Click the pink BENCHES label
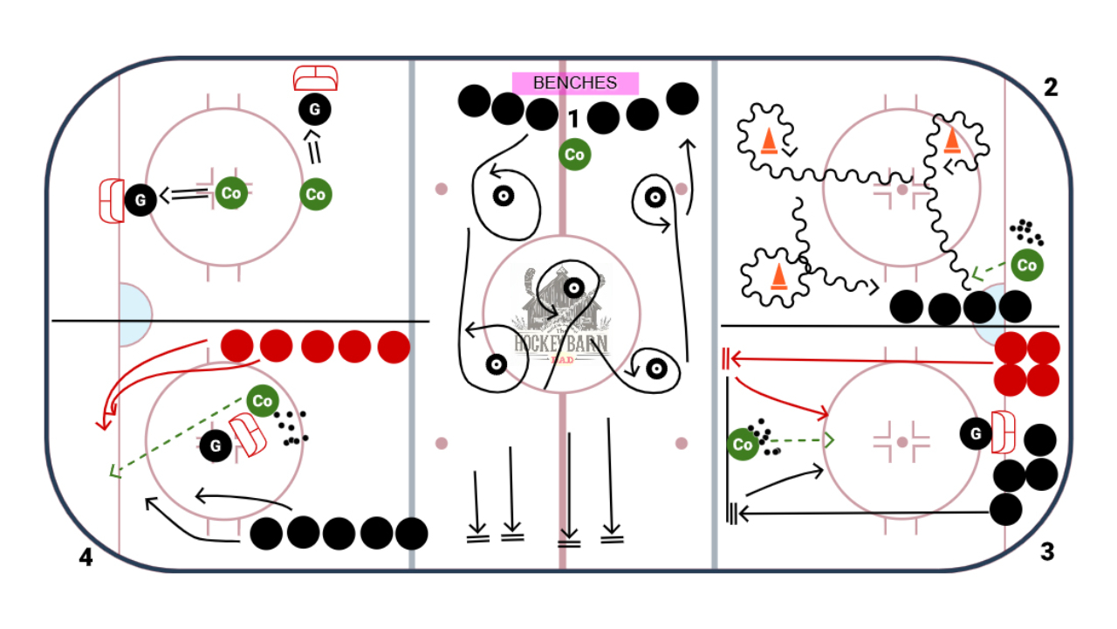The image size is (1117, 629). coord(575,83)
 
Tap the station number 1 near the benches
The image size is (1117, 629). coord(572,117)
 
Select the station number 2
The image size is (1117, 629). coord(1051,87)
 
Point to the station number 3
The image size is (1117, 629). coord(1047,552)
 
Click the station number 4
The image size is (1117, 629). coord(86,557)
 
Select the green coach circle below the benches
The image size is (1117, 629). coord(574,155)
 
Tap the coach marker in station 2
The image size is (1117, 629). coord(1027,265)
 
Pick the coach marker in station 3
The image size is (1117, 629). coord(743,445)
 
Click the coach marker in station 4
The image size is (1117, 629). coord(262,401)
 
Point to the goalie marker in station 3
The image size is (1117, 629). coord(976,432)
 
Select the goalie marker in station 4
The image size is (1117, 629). coord(215,446)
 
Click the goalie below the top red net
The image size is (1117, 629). coord(315,109)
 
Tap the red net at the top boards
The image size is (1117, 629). coord(315,79)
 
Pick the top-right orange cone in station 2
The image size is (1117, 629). coord(951,140)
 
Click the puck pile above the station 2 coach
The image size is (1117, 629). coord(1026,232)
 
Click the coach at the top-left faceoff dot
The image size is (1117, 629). coord(231,193)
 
